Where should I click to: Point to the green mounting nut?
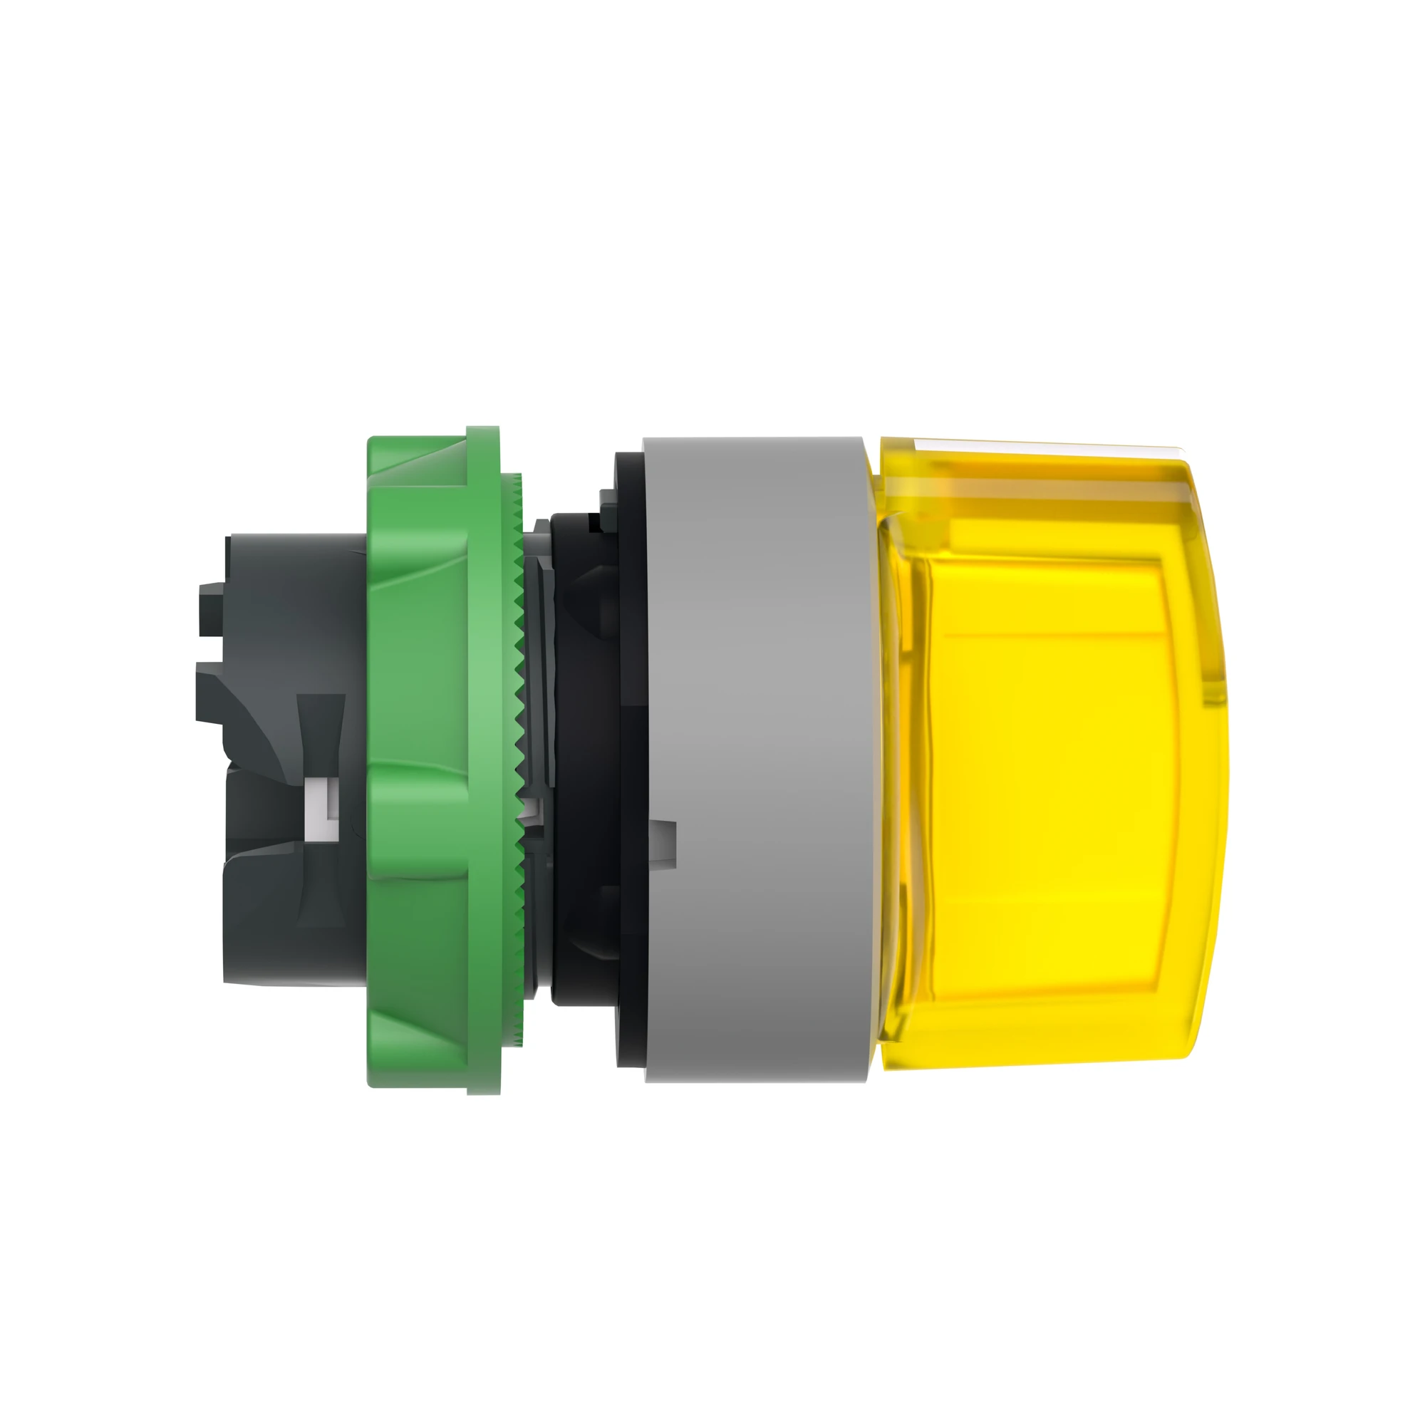click(420, 760)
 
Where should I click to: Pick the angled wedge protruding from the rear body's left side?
click(222, 693)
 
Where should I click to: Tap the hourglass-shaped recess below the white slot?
click(320, 885)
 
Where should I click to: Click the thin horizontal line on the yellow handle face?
click(1047, 633)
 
